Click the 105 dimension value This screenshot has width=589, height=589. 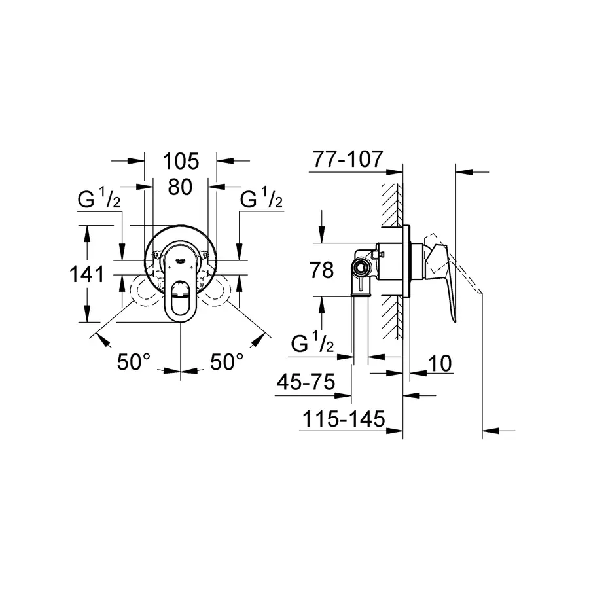[180, 160]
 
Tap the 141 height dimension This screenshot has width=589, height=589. [86, 274]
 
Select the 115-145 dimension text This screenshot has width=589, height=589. [342, 419]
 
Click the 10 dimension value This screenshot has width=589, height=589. [442, 364]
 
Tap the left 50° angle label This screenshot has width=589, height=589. [134, 361]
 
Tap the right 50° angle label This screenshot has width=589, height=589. [226, 361]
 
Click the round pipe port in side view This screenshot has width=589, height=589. [359, 266]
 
